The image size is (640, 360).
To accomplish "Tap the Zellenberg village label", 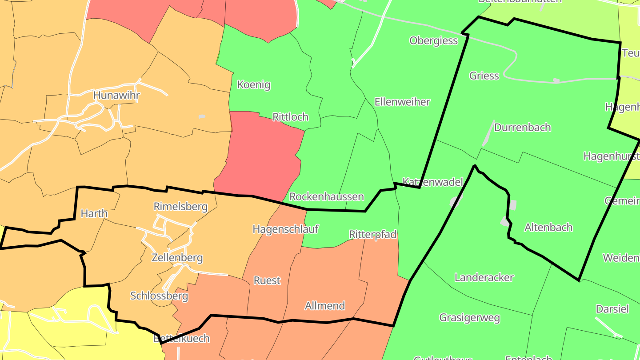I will (x=177, y=258).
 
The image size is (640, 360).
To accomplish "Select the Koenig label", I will (x=254, y=84).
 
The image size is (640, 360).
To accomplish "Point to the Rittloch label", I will (x=290, y=117).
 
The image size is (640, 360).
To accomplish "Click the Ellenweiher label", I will (x=402, y=102).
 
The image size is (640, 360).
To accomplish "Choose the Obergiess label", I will (x=433, y=41).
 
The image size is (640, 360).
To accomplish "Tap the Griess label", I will (x=484, y=76).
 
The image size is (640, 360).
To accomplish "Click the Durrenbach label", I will (x=522, y=128).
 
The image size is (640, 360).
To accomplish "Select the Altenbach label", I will (x=548, y=228).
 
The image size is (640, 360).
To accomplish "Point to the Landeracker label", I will (x=484, y=278).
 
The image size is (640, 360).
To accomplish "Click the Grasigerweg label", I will (x=469, y=318).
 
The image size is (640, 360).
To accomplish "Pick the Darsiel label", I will (x=612, y=309).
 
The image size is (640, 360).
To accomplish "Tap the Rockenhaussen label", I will (x=326, y=196).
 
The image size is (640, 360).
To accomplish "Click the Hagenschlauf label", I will (x=285, y=229).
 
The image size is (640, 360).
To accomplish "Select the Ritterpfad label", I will (x=372, y=234).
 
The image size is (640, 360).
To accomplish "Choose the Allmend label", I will (x=325, y=306).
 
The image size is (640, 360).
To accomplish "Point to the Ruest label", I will (x=267, y=280).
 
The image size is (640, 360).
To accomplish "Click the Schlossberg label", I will (x=159, y=296).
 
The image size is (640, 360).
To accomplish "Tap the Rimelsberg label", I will (x=180, y=207).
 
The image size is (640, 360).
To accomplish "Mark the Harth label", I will (x=94, y=214).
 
